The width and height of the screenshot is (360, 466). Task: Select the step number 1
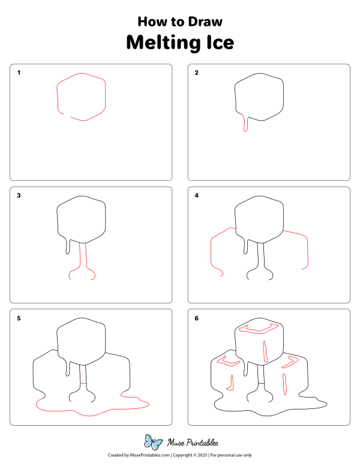tap(19, 73)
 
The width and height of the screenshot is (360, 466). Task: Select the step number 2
tap(197, 73)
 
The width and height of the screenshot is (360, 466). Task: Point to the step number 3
tap(19, 196)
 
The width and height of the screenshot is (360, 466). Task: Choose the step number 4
tap(197, 196)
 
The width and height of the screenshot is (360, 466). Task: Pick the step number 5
tap(19, 318)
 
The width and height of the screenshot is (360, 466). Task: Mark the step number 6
tap(197, 318)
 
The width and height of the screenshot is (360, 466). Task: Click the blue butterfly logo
tap(154, 443)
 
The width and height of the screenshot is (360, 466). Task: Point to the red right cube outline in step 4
tap(307, 252)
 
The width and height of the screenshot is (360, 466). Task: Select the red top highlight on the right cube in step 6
tap(290, 362)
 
